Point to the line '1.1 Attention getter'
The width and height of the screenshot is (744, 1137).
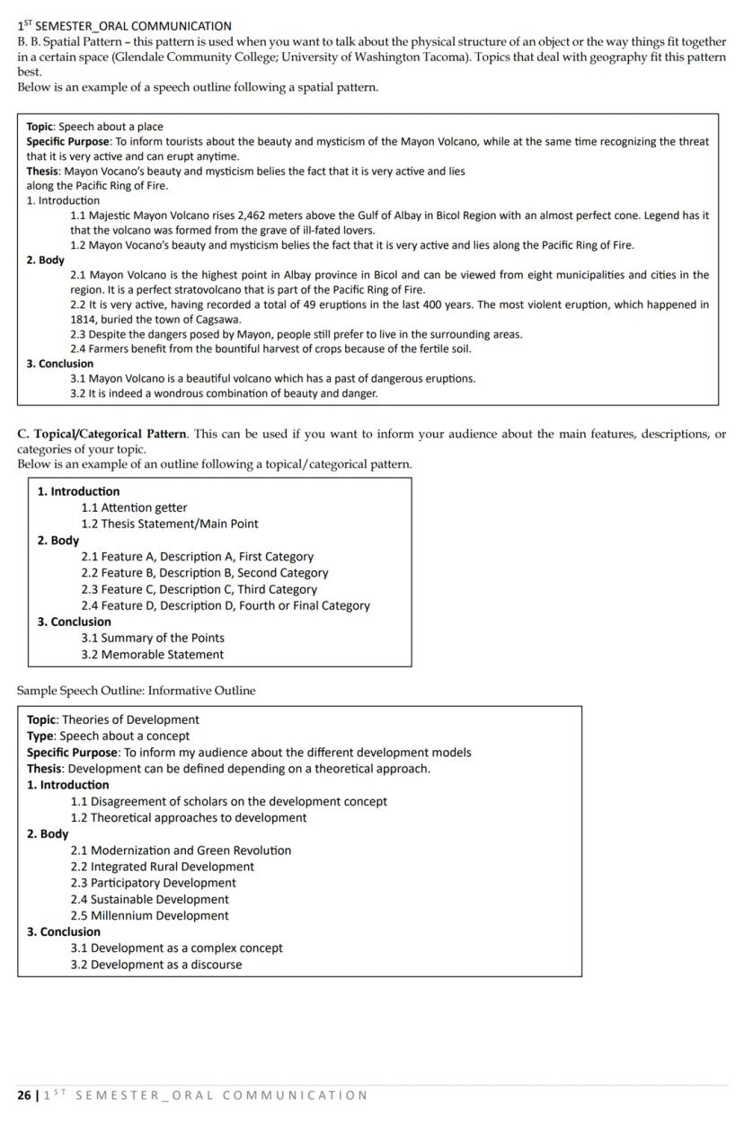(x=134, y=507)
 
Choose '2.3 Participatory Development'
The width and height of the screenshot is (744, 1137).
(x=153, y=883)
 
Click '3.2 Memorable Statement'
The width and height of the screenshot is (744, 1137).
(x=152, y=655)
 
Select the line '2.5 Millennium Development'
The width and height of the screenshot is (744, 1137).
(x=149, y=916)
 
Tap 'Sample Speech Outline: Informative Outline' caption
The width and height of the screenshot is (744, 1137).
(x=136, y=691)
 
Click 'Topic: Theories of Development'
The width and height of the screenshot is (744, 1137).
(x=112, y=719)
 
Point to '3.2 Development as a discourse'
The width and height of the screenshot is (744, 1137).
(x=155, y=965)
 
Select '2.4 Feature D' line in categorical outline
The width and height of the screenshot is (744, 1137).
(x=225, y=605)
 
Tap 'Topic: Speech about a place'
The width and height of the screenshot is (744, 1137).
(x=94, y=127)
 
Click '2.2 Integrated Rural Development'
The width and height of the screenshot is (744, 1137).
(x=162, y=867)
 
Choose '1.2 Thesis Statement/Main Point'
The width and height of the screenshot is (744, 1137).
(x=169, y=524)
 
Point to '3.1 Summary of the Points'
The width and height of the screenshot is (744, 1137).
(x=152, y=638)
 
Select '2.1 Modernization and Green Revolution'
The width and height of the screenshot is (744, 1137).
(x=181, y=851)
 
